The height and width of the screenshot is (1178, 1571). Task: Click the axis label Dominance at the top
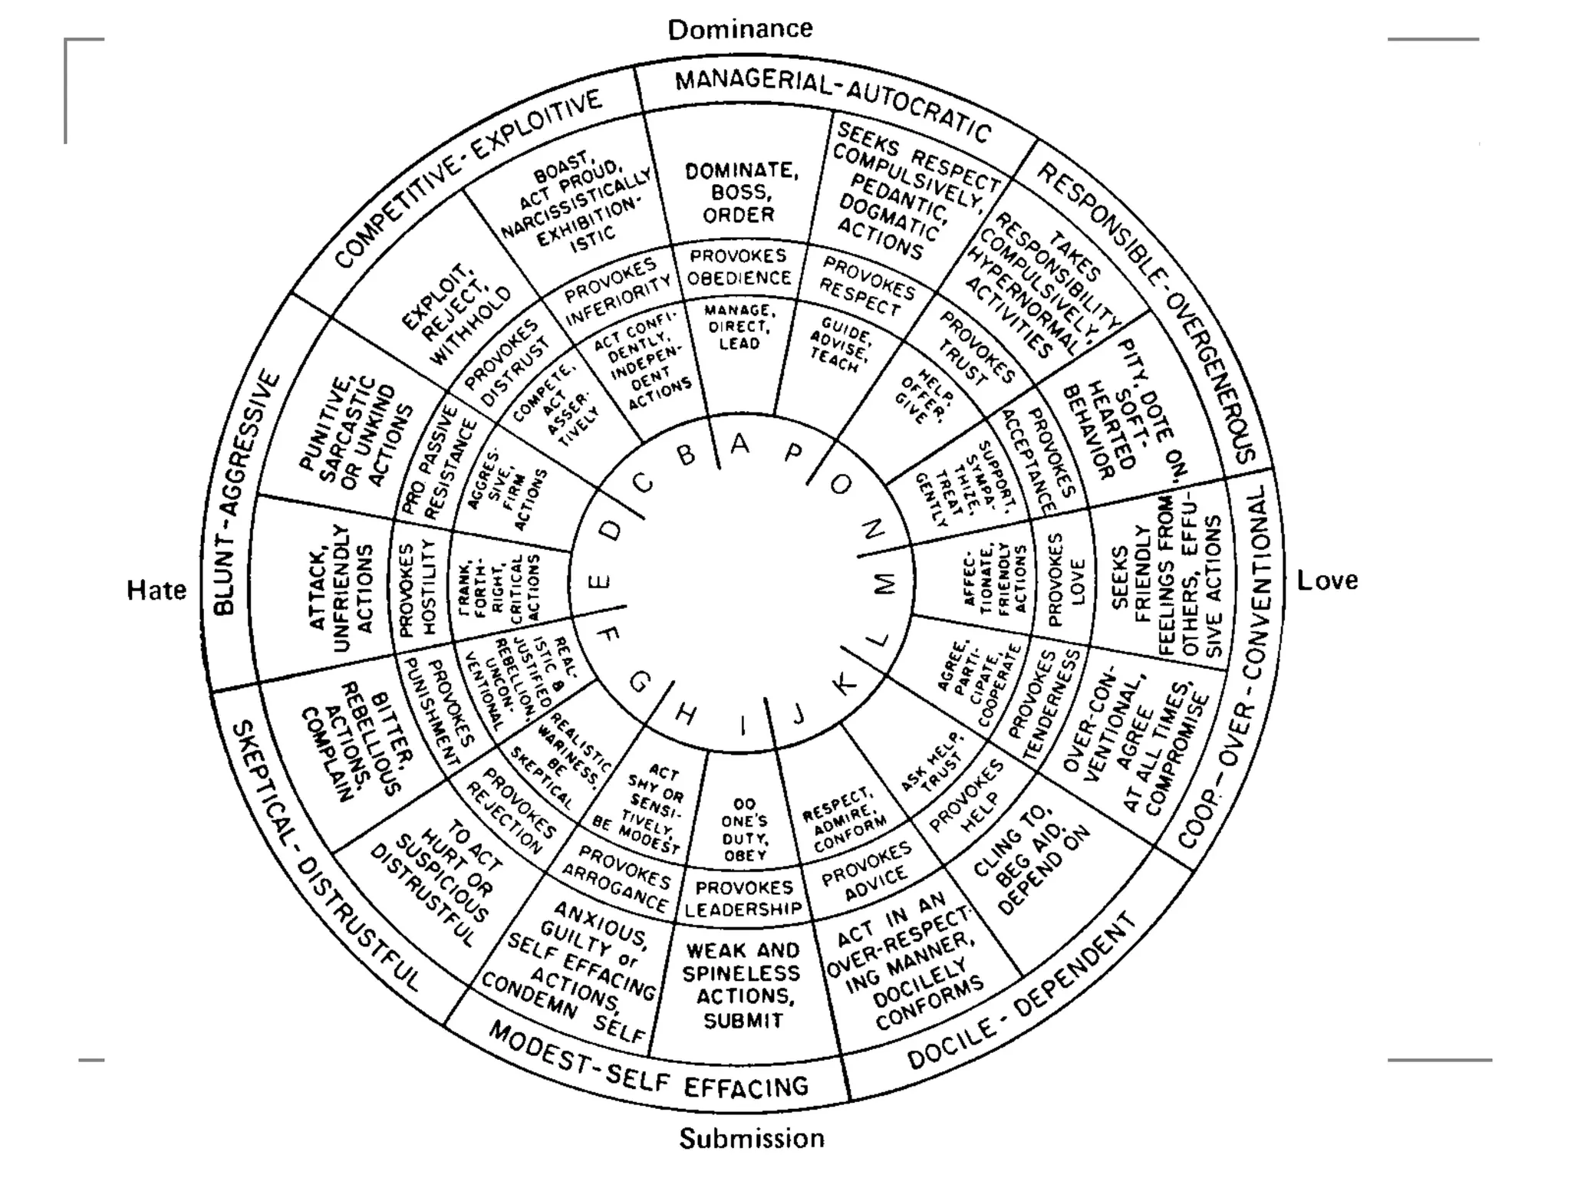(740, 29)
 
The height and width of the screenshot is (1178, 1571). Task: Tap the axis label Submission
(752, 1138)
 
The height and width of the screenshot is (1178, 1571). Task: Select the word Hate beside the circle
(156, 590)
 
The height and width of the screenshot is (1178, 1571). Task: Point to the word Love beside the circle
(1327, 581)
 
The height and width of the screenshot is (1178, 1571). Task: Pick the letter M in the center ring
(884, 584)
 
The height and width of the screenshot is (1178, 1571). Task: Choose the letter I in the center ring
(743, 725)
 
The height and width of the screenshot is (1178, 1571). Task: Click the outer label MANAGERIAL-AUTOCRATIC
(832, 104)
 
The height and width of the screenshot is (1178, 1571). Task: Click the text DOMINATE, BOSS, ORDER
(740, 192)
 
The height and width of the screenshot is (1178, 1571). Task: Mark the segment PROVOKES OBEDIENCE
(739, 266)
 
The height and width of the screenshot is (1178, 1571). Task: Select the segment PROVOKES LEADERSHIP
(743, 898)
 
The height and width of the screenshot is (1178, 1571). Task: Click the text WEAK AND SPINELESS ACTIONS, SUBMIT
(742, 985)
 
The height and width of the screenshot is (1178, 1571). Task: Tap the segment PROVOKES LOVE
(1066, 580)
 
